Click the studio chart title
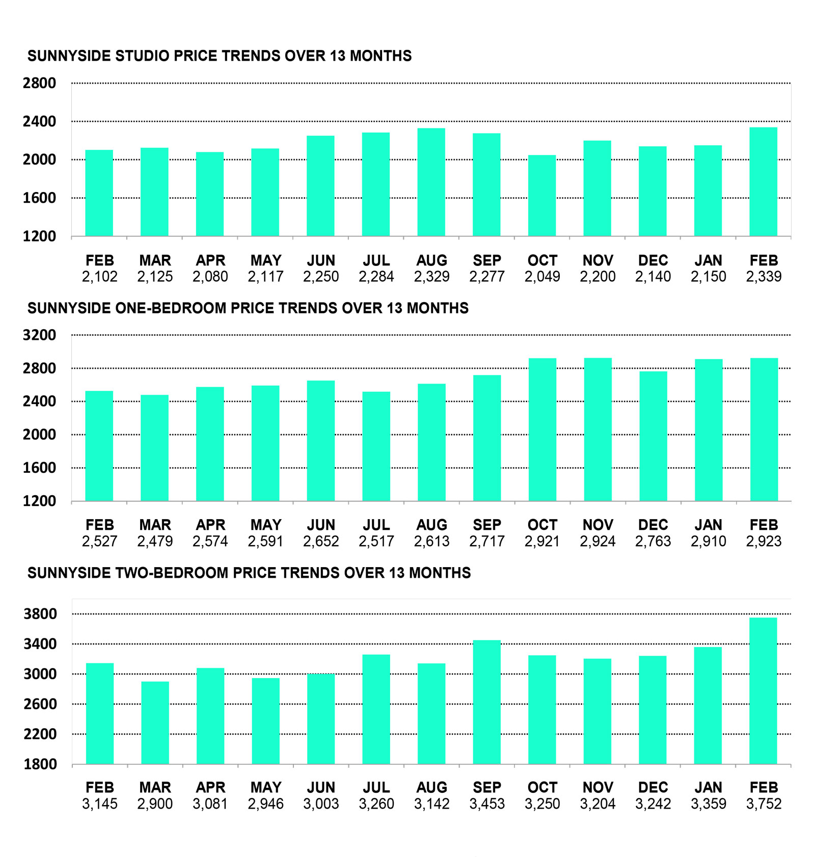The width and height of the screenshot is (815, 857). (x=219, y=56)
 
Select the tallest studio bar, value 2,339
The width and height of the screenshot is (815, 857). (x=763, y=182)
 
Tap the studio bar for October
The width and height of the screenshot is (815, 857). (x=541, y=196)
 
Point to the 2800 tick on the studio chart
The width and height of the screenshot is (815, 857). (x=39, y=83)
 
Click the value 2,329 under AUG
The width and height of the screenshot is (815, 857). (x=431, y=277)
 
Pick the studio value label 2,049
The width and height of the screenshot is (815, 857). (x=542, y=277)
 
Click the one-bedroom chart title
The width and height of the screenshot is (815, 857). (x=248, y=308)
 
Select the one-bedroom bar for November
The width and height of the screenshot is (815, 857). (x=597, y=430)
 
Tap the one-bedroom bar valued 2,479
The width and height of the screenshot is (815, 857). (x=154, y=448)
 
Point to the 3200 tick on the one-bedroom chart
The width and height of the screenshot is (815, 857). (x=39, y=335)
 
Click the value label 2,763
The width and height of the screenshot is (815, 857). (x=653, y=541)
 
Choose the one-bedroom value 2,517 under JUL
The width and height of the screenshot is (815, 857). (x=376, y=541)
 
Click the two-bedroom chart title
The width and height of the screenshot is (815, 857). (x=249, y=573)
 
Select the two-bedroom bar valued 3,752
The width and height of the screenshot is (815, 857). (x=763, y=691)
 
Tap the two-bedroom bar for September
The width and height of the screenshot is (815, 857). (x=486, y=702)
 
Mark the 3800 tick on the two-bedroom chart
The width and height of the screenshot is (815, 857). (x=40, y=614)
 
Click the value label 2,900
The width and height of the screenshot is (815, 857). (x=155, y=804)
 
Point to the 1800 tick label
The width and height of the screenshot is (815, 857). (x=40, y=764)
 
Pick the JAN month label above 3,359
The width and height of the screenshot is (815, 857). (x=708, y=788)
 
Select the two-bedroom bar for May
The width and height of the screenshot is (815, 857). (x=265, y=721)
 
